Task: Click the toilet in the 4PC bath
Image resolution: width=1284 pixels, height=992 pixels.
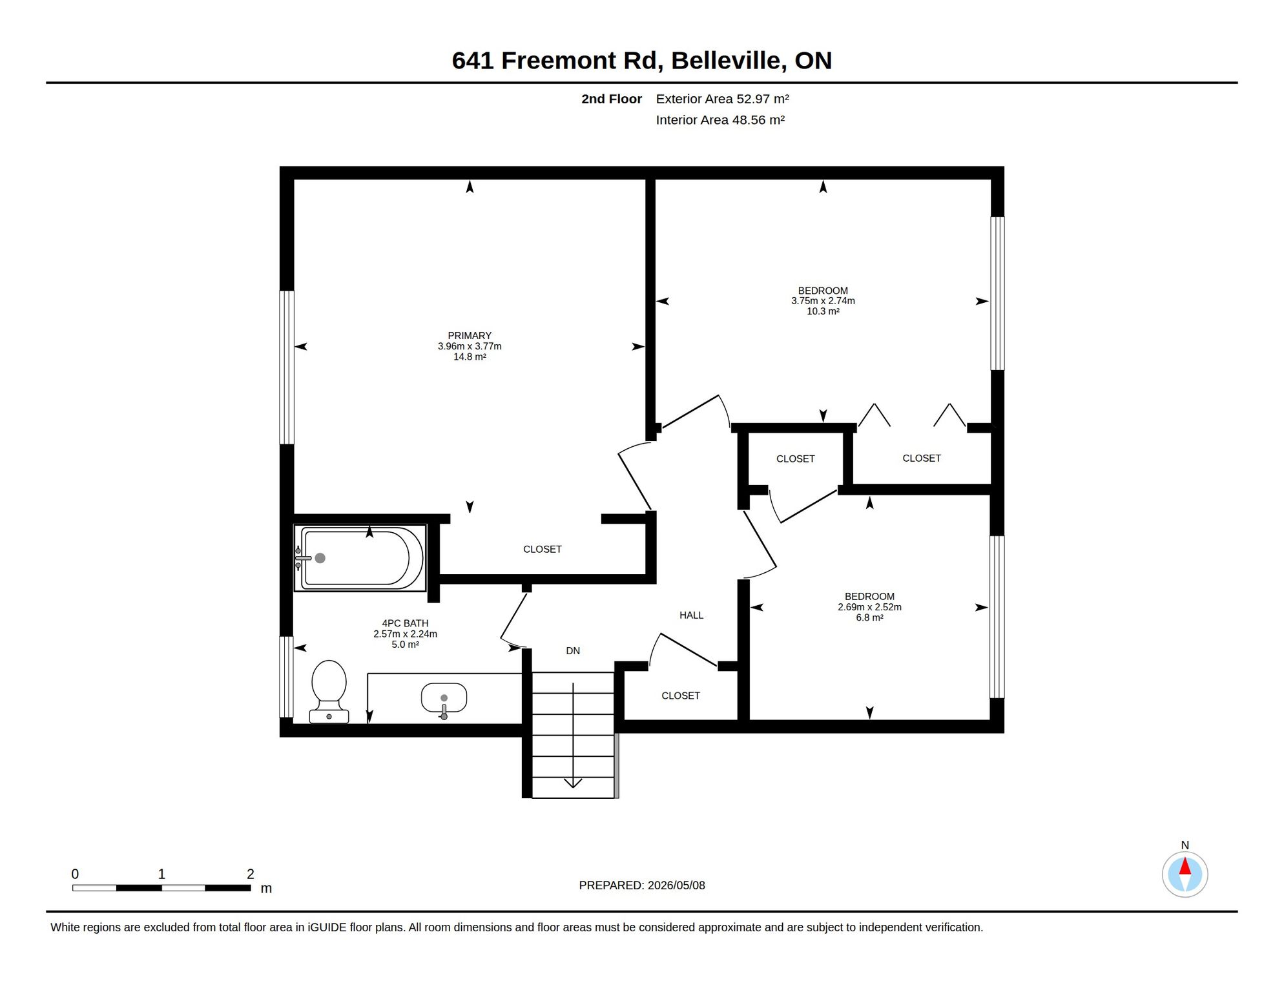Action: [329, 691]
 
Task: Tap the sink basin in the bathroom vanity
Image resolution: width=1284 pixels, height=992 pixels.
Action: [444, 698]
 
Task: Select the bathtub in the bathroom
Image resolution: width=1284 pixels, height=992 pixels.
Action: [360, 558]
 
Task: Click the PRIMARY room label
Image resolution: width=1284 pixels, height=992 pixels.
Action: [470, 336]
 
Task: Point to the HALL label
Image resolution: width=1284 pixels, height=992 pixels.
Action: [691, 615]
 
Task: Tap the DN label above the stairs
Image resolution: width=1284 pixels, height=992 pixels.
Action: [573, 651]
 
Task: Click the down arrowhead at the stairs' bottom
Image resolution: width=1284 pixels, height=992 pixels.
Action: [573, 783]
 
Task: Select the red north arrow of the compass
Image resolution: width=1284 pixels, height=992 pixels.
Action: [1185, 866]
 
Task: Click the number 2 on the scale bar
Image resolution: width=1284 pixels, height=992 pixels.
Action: [251, 874]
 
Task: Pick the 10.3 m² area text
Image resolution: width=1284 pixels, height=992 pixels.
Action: [823, 311]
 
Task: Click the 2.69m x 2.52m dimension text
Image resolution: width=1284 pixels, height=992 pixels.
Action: [869, 607]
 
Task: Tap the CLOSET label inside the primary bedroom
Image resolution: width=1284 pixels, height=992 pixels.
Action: [543, 550]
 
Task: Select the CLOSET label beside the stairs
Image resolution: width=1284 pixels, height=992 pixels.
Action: [681, 696]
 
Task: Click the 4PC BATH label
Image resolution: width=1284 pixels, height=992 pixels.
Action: [405, 623]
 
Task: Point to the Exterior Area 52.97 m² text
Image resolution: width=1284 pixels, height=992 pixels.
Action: [723, 99]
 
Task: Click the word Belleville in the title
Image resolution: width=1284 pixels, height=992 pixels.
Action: [729, 61]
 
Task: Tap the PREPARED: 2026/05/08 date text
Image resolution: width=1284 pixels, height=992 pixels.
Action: [642, 885]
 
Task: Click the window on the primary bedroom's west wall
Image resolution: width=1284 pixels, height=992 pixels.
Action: [287, 367]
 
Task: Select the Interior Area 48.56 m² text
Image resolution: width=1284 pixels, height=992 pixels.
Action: [720, 120]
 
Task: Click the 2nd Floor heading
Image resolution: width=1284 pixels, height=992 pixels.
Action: [612, 99]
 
